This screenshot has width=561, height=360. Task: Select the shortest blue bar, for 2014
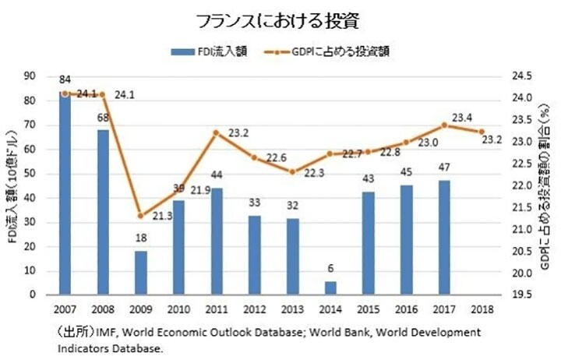point(330,288)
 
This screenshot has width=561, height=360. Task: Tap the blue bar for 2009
point(141,273)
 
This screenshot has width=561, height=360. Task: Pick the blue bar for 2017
point(444,238)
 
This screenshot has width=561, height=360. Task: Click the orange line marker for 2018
point(482,132)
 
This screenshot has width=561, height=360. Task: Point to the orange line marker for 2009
point(141,216)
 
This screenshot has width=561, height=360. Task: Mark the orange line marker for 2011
point(217,132)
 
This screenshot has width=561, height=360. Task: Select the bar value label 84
point(65,80)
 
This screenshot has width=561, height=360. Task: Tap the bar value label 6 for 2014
point(330,269)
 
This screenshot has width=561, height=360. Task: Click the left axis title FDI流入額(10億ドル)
point(12,185)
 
